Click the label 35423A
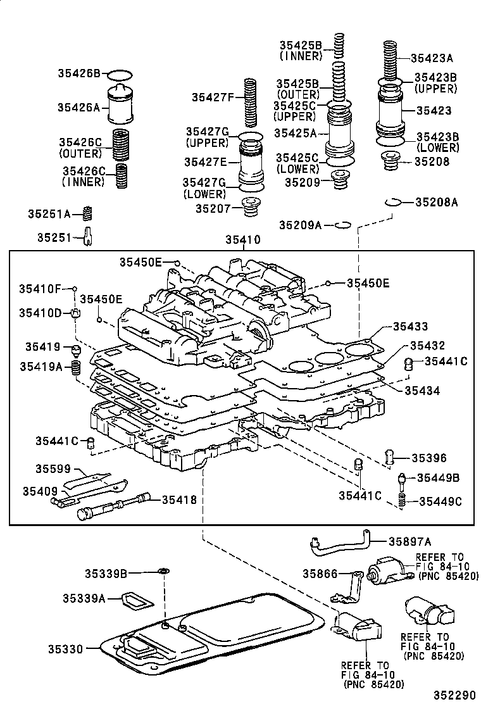point(432,58)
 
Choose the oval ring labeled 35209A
point(342,224)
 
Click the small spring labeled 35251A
point(89,213)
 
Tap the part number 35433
point(410,327)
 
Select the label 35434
point(423,391)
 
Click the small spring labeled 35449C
point(401,501)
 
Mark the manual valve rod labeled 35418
point(120,506)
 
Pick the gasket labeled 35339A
point(137,598)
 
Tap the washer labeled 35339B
point(162,573)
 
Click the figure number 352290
point(453,695)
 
